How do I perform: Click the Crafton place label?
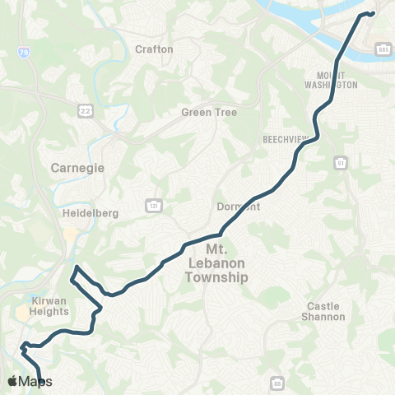tap(154, 49)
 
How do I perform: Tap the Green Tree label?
tap(208, 113)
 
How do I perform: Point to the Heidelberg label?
tap(91, 213)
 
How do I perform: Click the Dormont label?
tap(239, 207)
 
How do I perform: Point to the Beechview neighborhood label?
tap(284, 140)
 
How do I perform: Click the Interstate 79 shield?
tap(25, 52)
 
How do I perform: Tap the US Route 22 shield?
tap(85, 110)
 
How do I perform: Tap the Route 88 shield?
tap(277, 383)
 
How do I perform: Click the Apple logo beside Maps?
tap(12, 381)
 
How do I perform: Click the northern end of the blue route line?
tap(373, 12)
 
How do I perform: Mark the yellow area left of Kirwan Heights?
tap(21, 314)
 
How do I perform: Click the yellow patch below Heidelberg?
tap(72, 235)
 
